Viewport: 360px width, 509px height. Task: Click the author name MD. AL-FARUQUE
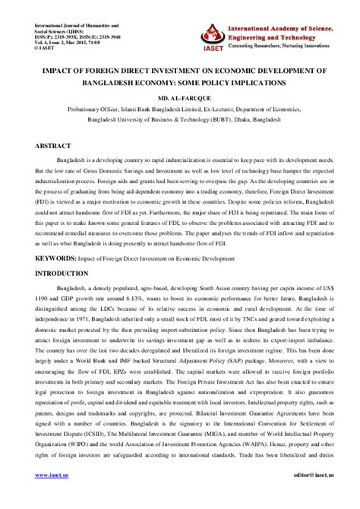tap(180, 97)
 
